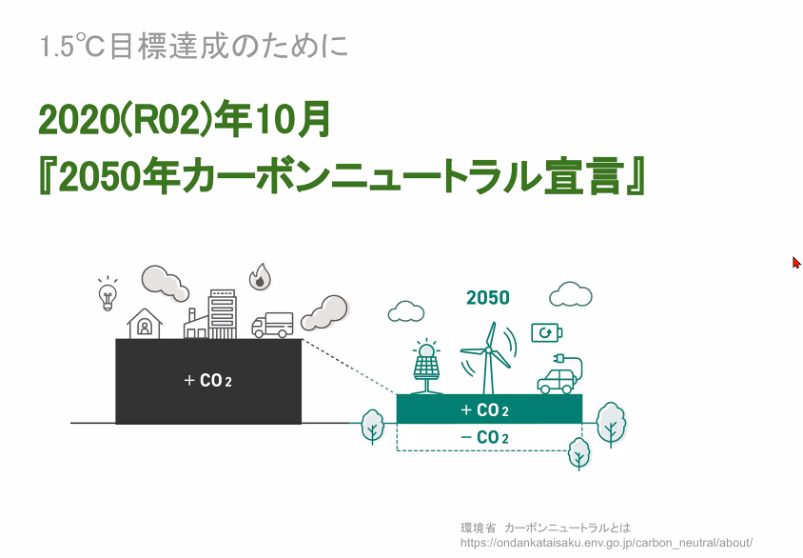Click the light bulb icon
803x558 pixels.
(x=108, y=293)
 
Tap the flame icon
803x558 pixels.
(x=260, y=277)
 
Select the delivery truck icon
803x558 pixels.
(x=272, y=325)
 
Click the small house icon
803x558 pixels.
(x=145, y=324)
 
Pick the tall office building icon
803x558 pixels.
(x=223, y=314)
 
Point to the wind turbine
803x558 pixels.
(x=488, y=358)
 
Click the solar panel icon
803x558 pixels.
(x=426, y=367)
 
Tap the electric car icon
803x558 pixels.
(x=559, y=374)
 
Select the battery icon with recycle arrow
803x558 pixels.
(x=546, y=333)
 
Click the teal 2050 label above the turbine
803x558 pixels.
(x=487, y=298)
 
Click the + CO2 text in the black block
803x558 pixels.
(x=208, y=381)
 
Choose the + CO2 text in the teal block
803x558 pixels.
(x=484, y=410)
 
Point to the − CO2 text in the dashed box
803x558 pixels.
(x=484, y=438)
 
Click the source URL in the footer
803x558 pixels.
(x=606, y=543)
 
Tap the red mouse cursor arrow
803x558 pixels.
(x=796, y=263)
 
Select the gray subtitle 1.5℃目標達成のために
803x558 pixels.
(x=193, y=47)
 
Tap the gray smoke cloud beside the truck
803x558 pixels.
(x=324, y=312)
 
